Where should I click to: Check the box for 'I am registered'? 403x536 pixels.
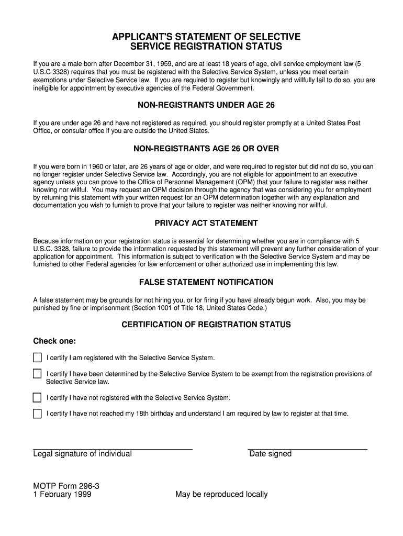[37, 358]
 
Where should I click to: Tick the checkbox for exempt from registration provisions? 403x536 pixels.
[37, 374]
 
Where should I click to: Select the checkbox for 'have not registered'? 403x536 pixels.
[37, 398]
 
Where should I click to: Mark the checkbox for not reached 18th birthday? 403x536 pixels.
[37, 414]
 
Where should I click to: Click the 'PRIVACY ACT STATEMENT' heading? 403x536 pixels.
[206, 223]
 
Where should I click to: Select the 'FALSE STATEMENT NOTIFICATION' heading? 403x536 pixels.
[206, 282]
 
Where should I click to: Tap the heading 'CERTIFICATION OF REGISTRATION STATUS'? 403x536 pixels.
[206, 325]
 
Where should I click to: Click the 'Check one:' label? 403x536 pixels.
[54, 341]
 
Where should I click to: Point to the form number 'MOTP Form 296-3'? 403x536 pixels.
[66, 486]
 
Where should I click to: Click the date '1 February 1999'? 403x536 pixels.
[62, 494]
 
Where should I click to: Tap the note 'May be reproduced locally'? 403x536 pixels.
[221, 494]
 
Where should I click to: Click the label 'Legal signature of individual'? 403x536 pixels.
[82, 454]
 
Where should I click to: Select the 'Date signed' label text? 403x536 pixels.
[270, 454]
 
